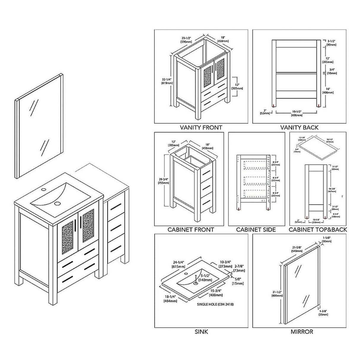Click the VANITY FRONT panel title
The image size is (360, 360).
[201, 128]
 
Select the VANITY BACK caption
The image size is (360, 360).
[300, 128]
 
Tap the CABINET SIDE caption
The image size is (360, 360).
[256, 230]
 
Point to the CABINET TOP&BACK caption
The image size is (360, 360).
[318, 230]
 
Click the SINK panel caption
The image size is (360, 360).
[202, 332]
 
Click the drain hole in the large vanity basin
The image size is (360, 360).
[58, 204]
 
